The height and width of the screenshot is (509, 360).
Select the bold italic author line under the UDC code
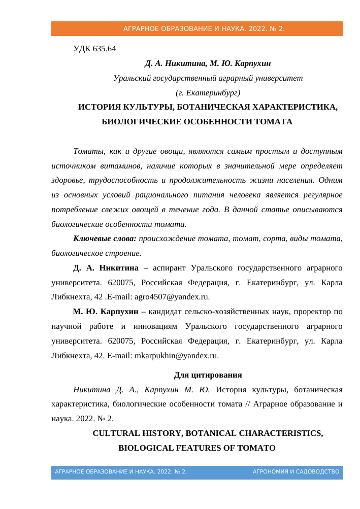coord(208,64)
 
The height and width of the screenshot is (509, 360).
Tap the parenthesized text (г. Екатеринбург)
coord(208,93)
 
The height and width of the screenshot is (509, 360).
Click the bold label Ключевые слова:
coord(105,239)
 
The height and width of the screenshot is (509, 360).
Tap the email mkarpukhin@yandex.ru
coord(176,356)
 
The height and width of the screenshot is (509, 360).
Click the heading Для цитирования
coord(208,376)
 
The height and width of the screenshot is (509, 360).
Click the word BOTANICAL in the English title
coord(212,434)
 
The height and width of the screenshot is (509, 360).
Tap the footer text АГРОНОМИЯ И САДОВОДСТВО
coord(296,472)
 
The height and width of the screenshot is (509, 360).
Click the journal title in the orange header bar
coord(204,29)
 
